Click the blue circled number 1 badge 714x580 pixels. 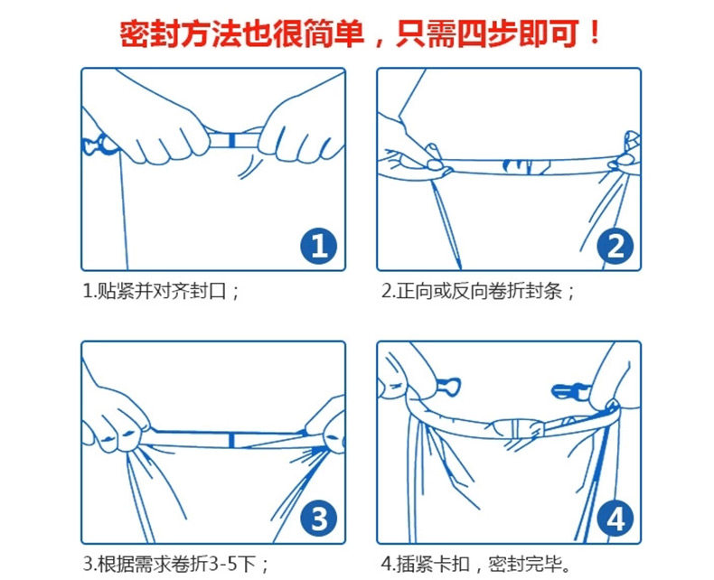[319, 247]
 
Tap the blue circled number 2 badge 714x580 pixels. [615, 247]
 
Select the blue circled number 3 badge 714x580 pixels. [319, 519]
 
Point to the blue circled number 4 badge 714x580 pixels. [615, 519]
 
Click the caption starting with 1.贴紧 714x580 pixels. [161, 292]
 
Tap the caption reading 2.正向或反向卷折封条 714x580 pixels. [478, 292]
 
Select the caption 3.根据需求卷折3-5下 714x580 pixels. [176, 565]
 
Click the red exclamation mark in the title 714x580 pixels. [594, 33]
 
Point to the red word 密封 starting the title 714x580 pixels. [150, 33]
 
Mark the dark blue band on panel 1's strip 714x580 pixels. [232, 140]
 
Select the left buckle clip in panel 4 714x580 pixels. [448, 387]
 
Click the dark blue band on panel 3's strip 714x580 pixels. [231, 441]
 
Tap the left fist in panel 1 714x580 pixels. [159, 132]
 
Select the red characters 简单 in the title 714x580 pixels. [334, 33]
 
